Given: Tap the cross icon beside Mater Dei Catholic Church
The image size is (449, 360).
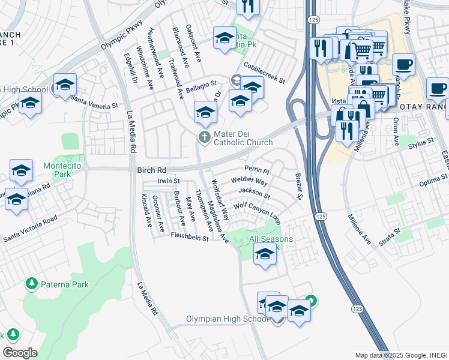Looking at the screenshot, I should point(205,137).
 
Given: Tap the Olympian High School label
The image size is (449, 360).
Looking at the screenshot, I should point(228,319).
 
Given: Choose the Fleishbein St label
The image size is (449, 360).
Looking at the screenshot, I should point(188,238).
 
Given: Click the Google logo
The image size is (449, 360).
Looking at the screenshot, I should point(19,353).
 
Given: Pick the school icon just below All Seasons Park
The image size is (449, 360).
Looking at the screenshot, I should point(265,255).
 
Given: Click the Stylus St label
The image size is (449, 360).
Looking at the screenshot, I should point(420,143).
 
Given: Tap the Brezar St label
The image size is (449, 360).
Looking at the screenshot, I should point(298,187).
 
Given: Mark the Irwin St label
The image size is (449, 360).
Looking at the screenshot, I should point(169,181).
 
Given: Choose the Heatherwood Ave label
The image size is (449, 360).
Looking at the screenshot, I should point(157,53).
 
